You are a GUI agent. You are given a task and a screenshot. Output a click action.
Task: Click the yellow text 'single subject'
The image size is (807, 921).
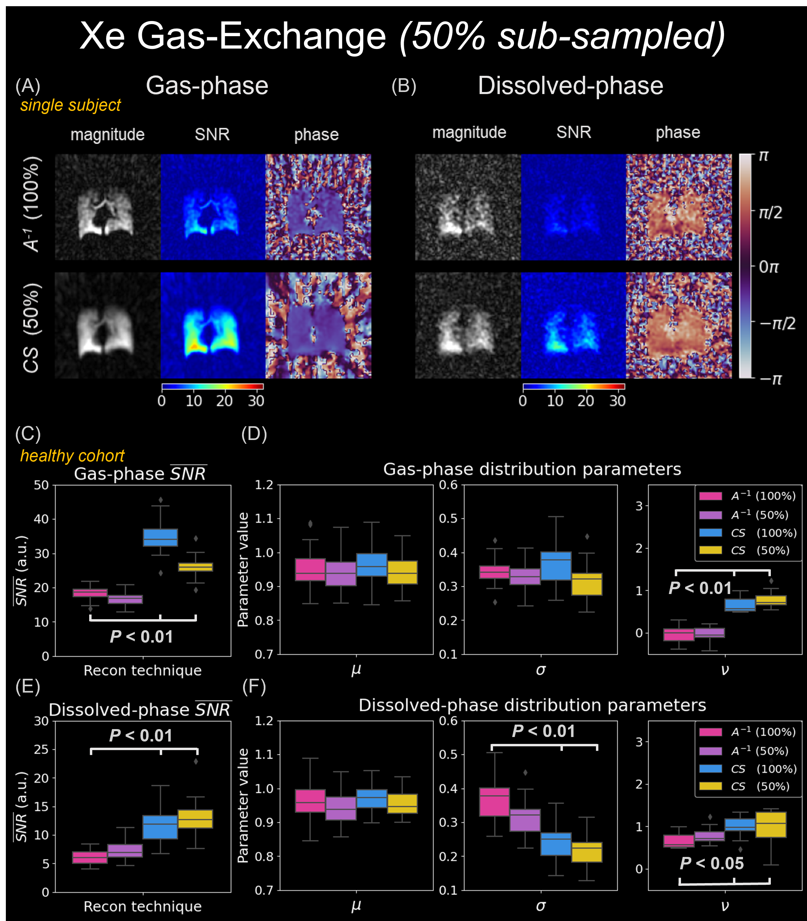click(x=70, y=105)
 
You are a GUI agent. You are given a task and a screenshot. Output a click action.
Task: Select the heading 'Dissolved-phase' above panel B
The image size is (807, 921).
click(x=570, y=85)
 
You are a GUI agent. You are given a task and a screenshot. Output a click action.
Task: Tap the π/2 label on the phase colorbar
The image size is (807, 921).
click(x=770, y=212)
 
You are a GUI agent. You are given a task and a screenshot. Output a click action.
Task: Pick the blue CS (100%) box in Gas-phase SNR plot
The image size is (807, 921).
click(x=160, y=538)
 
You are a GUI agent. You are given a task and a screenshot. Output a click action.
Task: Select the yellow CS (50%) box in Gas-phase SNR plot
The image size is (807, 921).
click(x=196, y=567)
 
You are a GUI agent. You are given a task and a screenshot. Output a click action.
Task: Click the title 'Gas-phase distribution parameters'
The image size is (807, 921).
click(x=532, y=469)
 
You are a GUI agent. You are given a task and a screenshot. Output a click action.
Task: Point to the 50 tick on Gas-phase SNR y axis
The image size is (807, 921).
click(x=41, y=485)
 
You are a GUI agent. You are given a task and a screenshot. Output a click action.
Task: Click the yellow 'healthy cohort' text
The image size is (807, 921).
click(x=72, y=456)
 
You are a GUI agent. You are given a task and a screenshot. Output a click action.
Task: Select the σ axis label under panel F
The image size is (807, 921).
click(x=541, y=906)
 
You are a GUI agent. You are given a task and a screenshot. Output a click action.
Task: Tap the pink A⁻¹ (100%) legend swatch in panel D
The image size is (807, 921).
click(x=710, y=496)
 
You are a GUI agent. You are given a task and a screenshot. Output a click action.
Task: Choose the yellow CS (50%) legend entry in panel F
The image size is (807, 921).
click(x=747, y=786)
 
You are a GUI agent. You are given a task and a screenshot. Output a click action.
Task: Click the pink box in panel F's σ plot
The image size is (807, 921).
click(x=494, y=802)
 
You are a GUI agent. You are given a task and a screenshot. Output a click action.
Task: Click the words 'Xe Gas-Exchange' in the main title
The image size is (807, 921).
click(x=233, y=36)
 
